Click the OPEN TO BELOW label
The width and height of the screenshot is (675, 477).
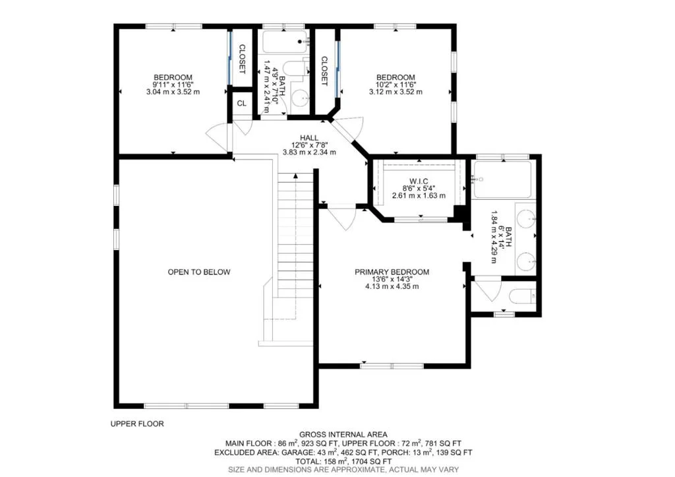199,272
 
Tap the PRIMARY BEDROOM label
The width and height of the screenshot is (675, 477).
392,272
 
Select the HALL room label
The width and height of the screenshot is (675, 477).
309,138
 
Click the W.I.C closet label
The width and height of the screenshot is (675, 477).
419,181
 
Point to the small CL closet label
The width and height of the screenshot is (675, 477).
242,104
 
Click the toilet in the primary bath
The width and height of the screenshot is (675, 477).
522,296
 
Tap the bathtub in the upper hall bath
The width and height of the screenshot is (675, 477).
285,42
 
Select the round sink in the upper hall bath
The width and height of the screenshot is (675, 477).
300,98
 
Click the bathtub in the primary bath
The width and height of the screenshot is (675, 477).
501,179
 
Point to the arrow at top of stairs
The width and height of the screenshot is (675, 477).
296,175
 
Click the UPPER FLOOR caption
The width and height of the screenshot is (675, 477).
137,424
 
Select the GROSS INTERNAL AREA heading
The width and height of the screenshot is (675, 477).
343,434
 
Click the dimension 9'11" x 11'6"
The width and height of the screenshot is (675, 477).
173,85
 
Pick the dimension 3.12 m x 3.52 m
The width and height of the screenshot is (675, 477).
396,92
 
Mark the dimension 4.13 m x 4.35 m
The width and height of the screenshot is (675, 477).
392,286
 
